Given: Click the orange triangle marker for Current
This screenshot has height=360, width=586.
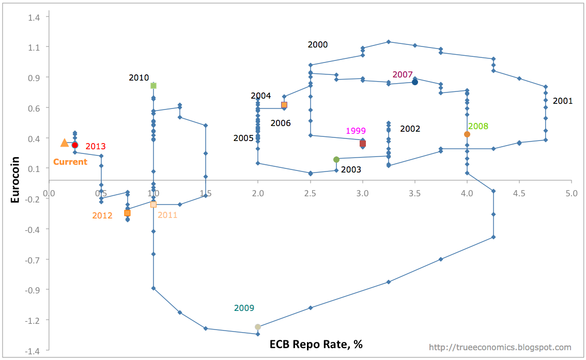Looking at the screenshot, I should (64, 143).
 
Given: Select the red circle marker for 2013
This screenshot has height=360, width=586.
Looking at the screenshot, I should (75, 145).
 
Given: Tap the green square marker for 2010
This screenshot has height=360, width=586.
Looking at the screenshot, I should (153, 86).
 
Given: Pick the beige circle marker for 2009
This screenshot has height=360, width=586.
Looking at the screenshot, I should (258, 327).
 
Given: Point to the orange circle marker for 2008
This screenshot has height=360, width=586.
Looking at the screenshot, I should (467, 134).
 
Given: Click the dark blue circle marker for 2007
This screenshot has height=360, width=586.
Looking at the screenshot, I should (415, 82).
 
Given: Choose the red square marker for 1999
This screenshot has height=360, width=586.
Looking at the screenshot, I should (363, 143).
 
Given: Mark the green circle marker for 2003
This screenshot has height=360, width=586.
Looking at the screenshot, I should (336, 160).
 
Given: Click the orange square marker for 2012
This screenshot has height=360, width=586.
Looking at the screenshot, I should (127, 213).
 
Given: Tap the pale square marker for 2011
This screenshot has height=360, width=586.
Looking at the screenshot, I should (153, 205).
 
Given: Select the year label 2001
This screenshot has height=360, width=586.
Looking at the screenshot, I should (563, 101).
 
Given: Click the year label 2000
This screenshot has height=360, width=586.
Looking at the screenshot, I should (317, 45).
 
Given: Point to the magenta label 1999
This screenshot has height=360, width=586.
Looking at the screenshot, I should (356, 131).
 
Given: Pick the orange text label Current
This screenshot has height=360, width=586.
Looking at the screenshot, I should (70, 162).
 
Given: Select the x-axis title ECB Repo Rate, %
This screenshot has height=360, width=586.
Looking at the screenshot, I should (316, 344).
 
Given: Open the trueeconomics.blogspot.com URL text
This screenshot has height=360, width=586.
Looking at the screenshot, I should (500, 348).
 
